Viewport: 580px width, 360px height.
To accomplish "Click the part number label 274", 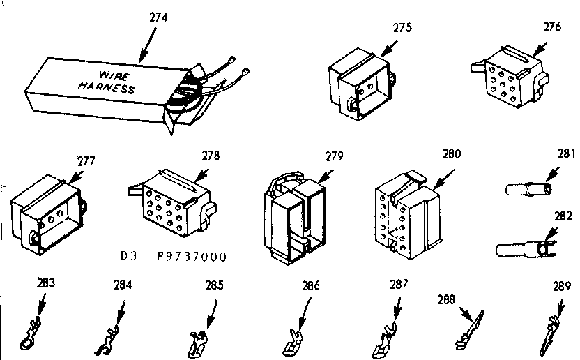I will [x=158, y=17].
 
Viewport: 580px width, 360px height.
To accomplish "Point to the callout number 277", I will [x=86, y=161].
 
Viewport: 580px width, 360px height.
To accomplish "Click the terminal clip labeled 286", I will [x=294, y=340].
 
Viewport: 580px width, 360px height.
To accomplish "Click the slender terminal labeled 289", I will [x=551, y=332].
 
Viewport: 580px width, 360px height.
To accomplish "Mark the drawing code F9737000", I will [x=192, y=257].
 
